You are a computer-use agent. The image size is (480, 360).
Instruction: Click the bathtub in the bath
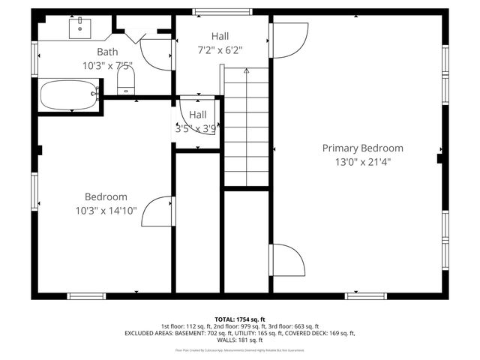pyautogui.click(x=67, y=95)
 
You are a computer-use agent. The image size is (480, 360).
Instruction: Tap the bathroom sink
pyautogui.click(x=79, y=28)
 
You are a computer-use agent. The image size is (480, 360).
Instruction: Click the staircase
pyautogui.click(x=247, y=127)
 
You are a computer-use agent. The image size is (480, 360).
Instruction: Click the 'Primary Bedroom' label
pyautogui.click(x=362, y=148)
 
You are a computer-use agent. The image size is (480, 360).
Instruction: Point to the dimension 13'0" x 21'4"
pyautogui.click(x=362, y=161)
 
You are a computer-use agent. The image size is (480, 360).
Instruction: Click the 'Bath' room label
pyautogui.click(x=107, y=52)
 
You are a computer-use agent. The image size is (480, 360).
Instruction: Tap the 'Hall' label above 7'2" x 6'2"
pyautogui.click(x=220, y=36)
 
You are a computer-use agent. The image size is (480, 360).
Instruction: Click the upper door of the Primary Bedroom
pyautogui.click(x=288, y=39)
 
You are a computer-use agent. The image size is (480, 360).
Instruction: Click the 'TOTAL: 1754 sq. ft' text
pyautogui.click(x=240, y=319)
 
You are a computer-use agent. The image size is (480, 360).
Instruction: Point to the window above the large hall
pyautogui.click(x=211, y=12)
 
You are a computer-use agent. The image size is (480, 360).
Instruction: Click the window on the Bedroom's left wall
pyautogui.click(x=34, y=192)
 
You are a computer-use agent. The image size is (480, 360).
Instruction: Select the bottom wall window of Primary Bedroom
pyautogui.click(x=365, y=295)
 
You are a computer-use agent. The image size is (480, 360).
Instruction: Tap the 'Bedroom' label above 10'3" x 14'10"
pyautogui.click(x=106, y=196)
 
